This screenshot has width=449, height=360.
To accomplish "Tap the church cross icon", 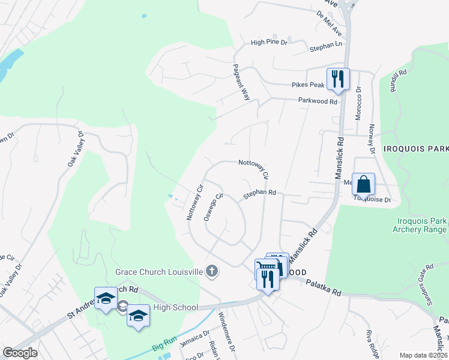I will pyautogui.click(x=211, y=272).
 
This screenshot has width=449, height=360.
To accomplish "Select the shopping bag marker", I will pyautogui.click(x=364, y=184).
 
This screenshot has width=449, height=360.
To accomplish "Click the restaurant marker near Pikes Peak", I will pyautogui.click(x=337, y=79).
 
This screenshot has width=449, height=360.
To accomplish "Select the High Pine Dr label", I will pyautogui.click(x=270, y=43).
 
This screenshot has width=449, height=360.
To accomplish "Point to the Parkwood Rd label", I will pyautogui.click(x=318, y=101).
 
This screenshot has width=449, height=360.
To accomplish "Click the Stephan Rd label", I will pyautogui.click(x=259, y=193).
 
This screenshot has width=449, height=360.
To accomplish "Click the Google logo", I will pyautogui.click(x=20, y=353).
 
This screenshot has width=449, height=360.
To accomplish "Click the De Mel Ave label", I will pyautogui.click(x=328, y=24).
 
